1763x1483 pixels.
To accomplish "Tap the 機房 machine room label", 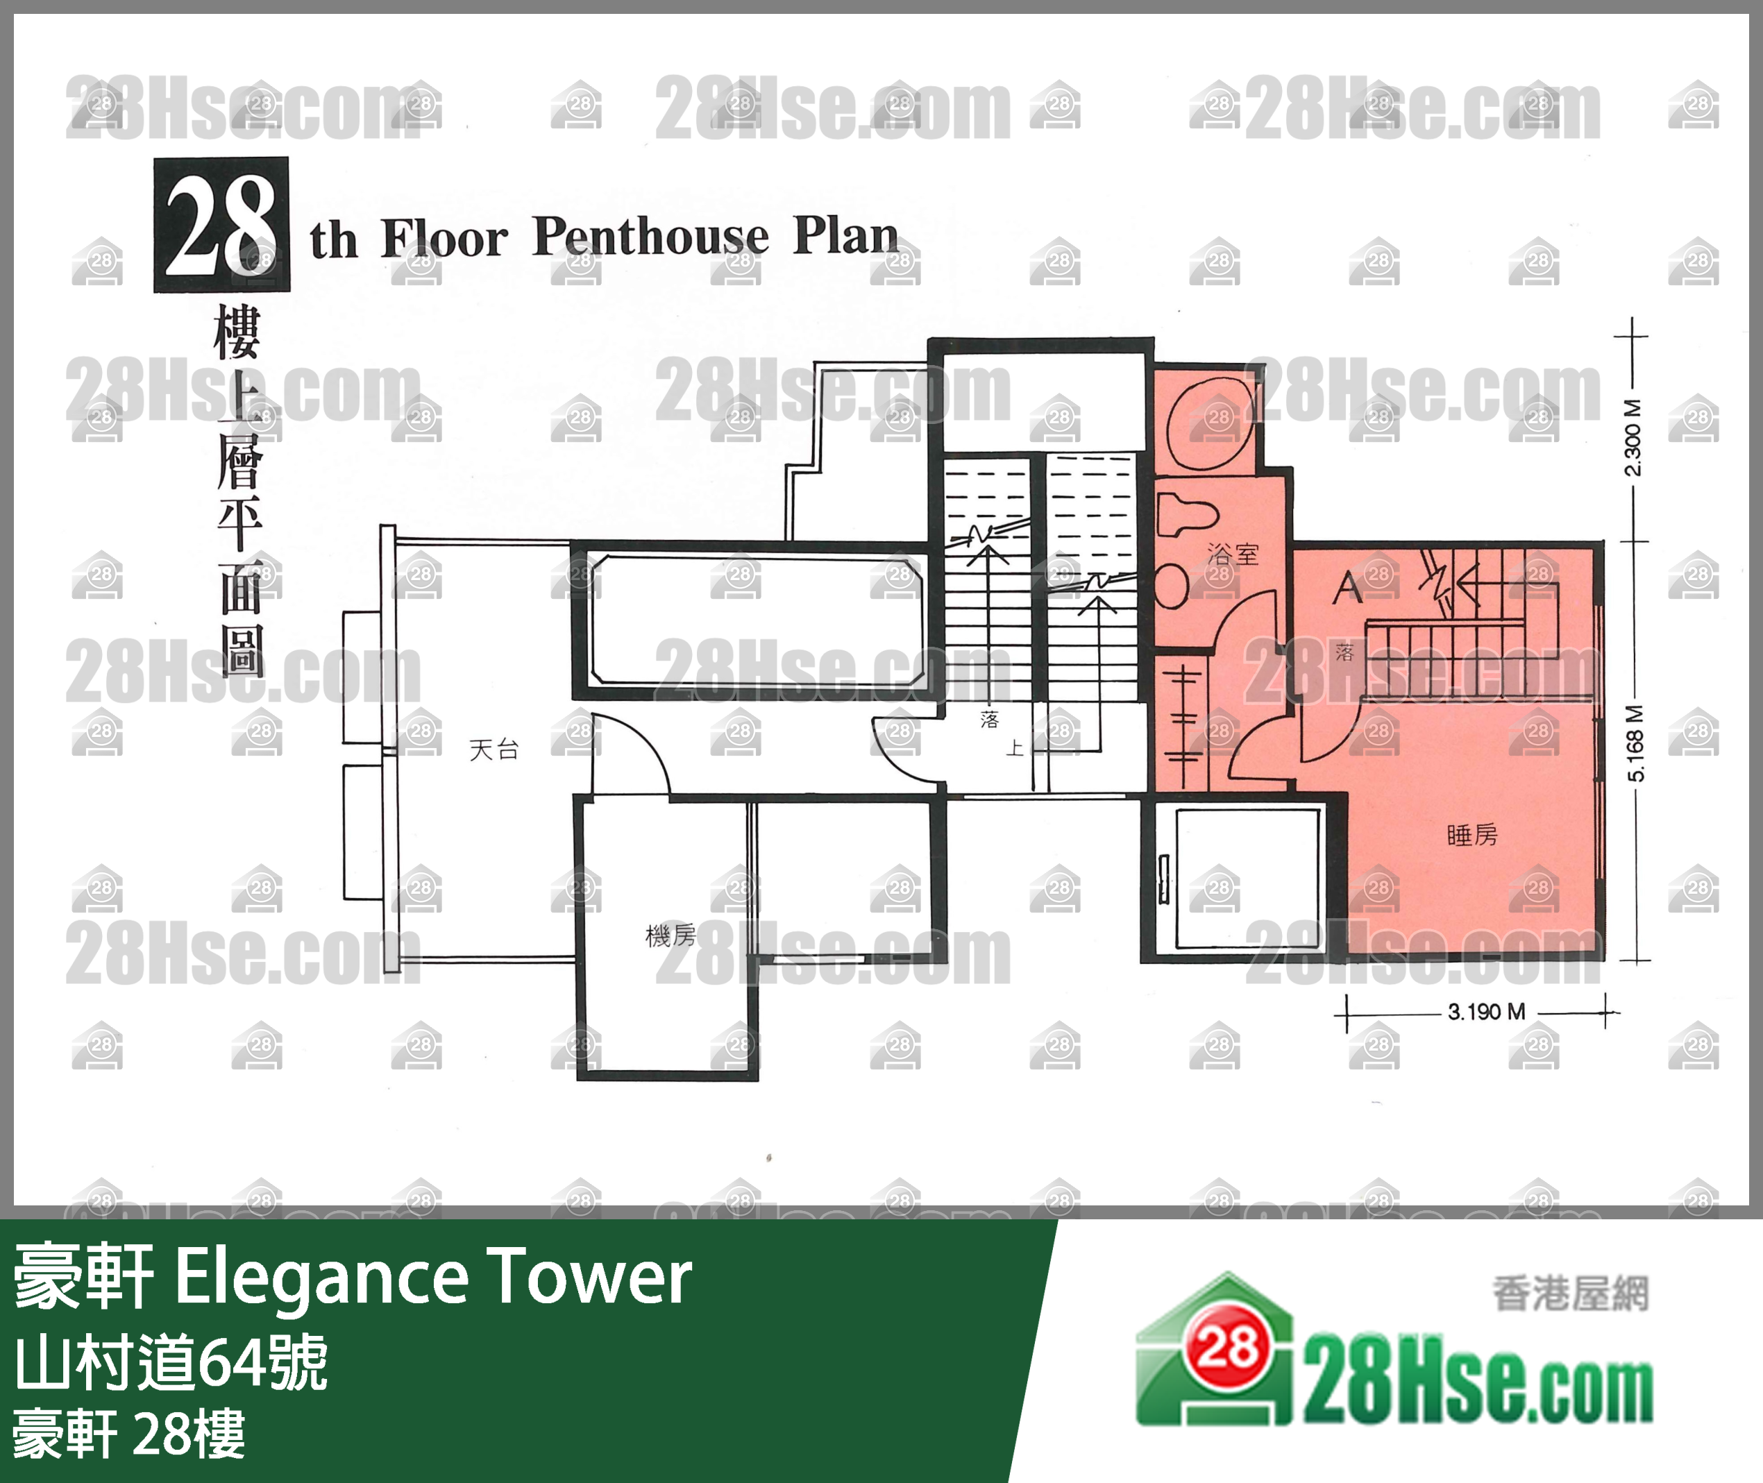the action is (670, 935).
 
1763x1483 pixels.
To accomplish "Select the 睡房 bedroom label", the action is (1472, 835).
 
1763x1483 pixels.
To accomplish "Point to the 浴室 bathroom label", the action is (1233, 554).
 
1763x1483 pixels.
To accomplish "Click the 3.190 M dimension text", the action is (1485, 1011).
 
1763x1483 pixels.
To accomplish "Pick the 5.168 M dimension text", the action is (1635, 743).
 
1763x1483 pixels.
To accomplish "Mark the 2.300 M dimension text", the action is (1632, 437).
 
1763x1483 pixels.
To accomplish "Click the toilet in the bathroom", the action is (1187, 514).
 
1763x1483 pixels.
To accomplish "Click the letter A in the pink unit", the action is (1348, 587).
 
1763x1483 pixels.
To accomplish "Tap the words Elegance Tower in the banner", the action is (434, 1276).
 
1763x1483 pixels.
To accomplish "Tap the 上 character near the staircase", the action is (1015, 747).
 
